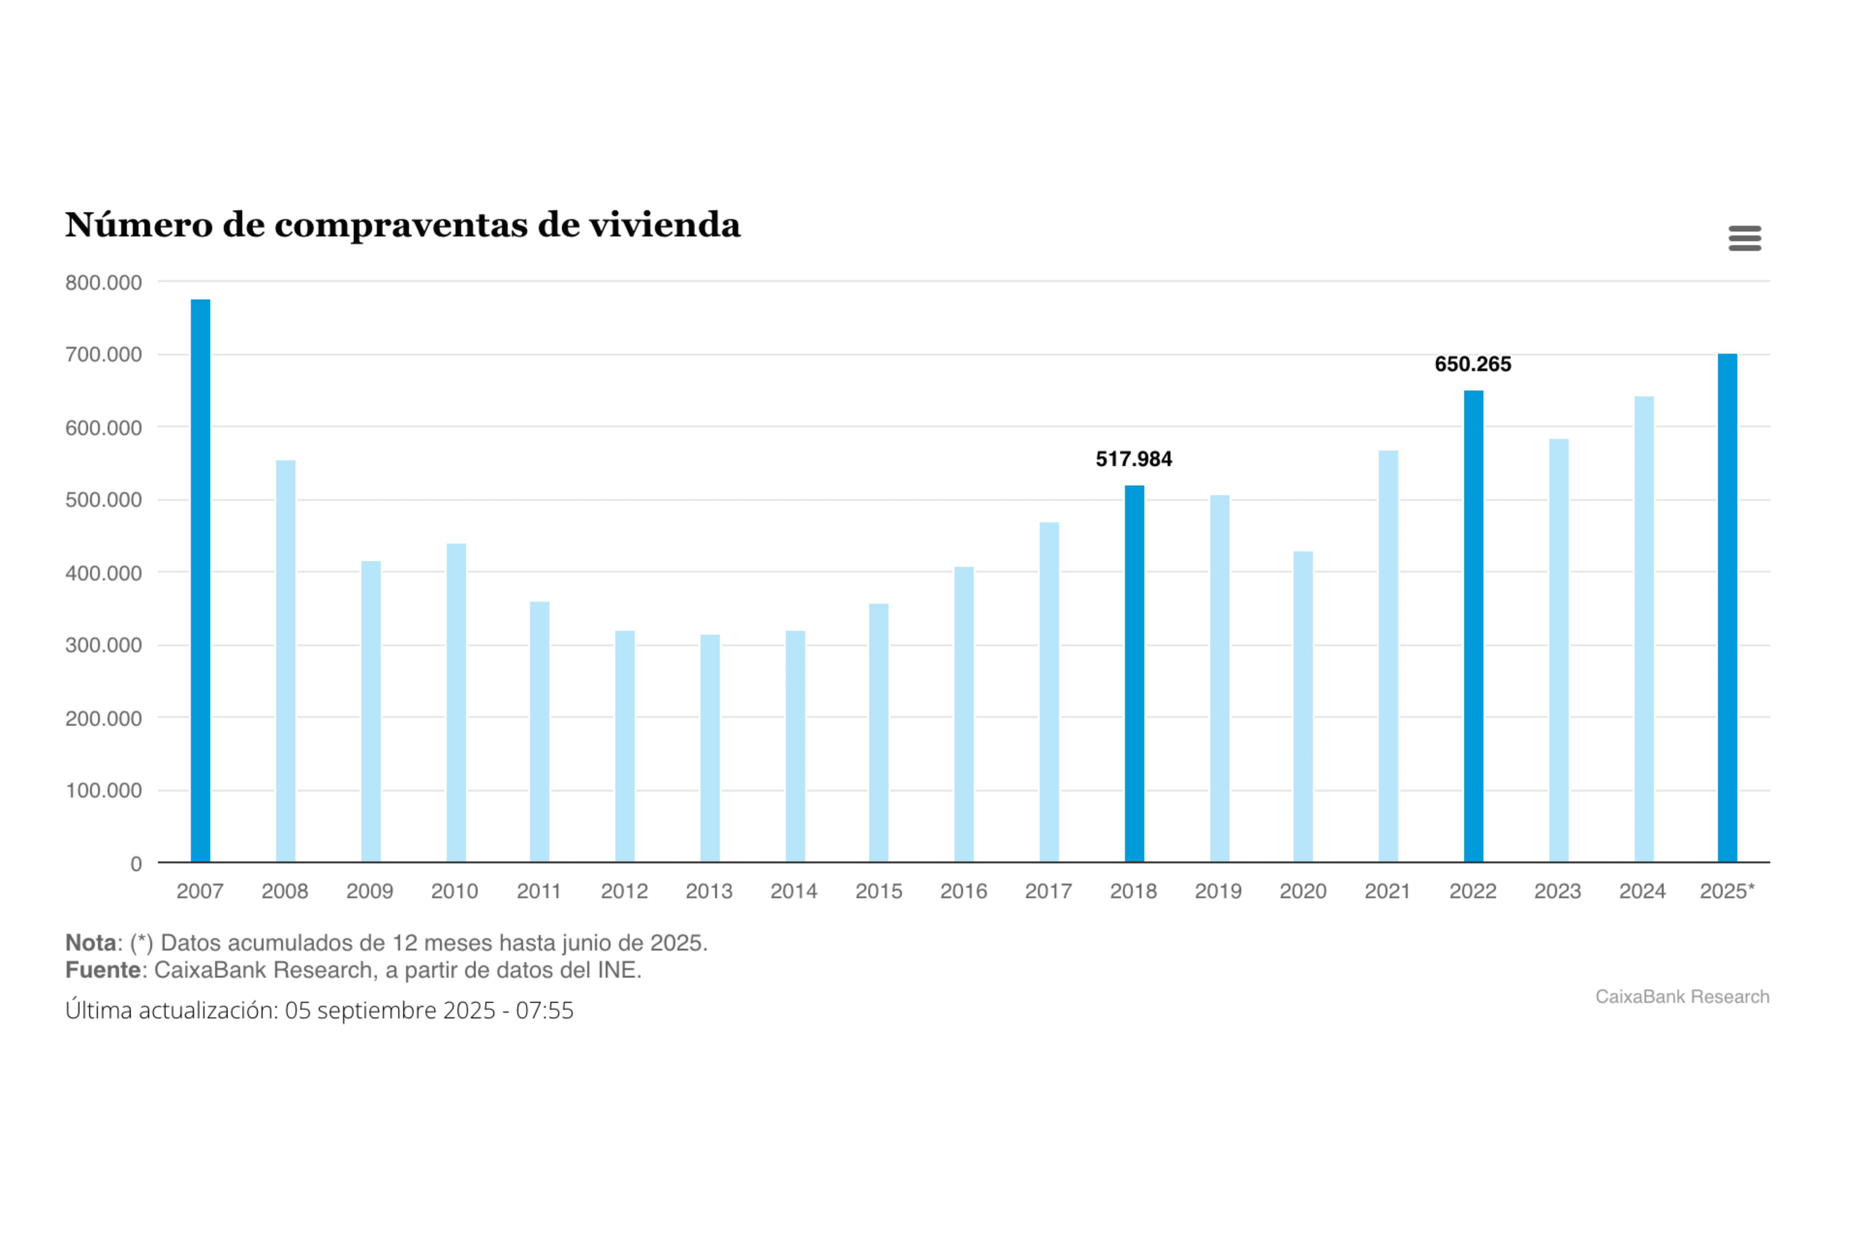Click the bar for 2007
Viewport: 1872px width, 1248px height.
(x=201, y=581)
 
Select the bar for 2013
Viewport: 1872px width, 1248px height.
(x=710, y=748)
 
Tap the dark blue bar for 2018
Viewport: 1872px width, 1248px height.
(x=1134, y=673)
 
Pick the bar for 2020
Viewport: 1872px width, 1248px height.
(x=1303, y=707)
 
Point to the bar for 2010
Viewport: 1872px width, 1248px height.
(x=456, y=703)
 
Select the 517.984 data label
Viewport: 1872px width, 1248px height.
(x=1133, y=459)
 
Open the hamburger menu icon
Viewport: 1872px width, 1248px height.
(x=1745, y=238)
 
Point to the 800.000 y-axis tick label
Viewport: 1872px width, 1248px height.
(x=104, y=283)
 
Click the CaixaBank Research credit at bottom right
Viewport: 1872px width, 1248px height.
(x=1682, y=997)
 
